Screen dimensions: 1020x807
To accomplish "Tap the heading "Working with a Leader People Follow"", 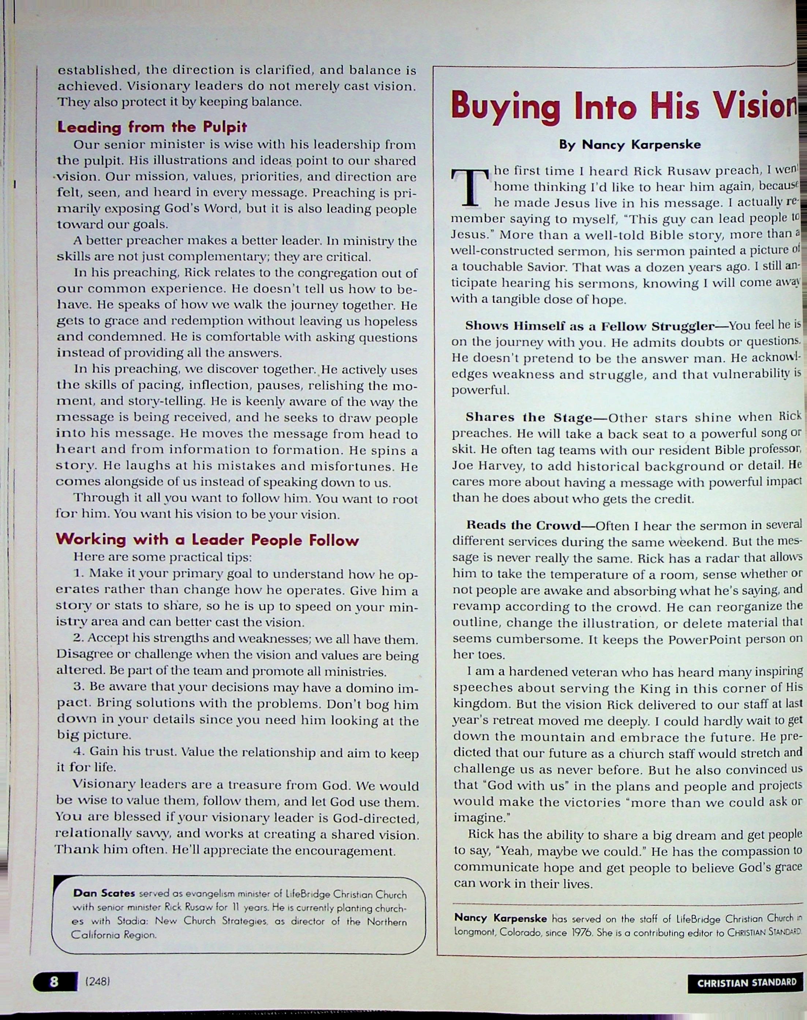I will pyautogui.click(x=207, y=540).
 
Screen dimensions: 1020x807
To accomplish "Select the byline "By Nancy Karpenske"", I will pyautogui.click(x=630, y=145).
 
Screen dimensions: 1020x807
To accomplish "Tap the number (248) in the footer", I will pyautogui.click(x=98, y=981).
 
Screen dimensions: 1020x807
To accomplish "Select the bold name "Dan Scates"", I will pyautogui.click(x=104, y=893).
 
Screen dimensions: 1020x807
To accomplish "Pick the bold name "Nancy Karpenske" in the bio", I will pyautogui.click(x=500, y=918).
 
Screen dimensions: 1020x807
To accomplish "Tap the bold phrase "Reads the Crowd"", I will pyautogui.click(x=530, y=525).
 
